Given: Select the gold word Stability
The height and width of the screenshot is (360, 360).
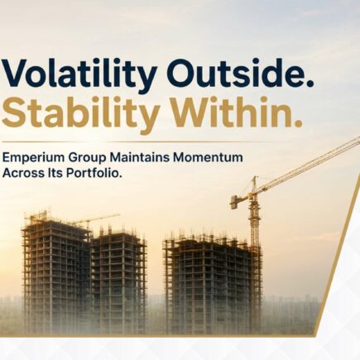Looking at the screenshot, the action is (x=80, y=115).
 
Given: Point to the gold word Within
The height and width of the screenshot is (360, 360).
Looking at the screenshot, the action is (x=231, y=113).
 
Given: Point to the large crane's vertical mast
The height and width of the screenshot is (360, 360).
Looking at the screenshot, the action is (x=254, y=238).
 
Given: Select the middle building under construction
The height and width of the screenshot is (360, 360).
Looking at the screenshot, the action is (x=118, y=280).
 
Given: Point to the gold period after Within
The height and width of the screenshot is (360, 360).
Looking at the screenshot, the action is (x=296, y=124).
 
